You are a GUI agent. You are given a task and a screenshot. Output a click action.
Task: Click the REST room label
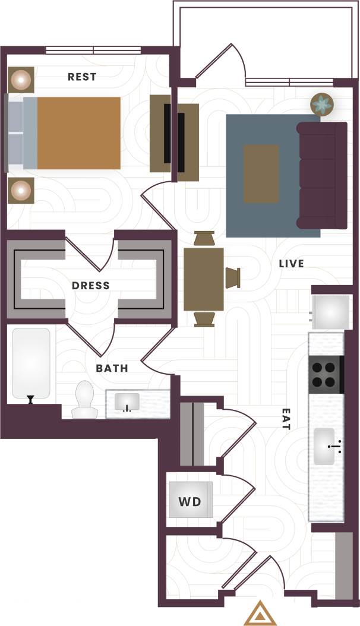pyautogui.click(x=82, y=77)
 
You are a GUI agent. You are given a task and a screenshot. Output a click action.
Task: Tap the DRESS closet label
pyautogui.click(x=91, y=286)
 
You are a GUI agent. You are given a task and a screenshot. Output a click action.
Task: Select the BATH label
pyautogui.click(x=112, y=368)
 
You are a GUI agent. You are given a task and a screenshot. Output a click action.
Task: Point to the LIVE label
pyautogui.click(x=291, y=263)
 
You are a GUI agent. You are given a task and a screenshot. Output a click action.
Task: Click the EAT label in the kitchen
pyautogui.click(x=286, y=418)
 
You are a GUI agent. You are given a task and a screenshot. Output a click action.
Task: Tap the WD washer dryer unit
pyautogui.click(x=190, y=501)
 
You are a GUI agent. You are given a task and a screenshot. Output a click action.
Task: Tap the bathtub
pyautogui.click(x=31, y=363)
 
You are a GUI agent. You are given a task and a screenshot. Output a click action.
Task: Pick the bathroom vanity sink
pyautogui.click(x=127, y=402)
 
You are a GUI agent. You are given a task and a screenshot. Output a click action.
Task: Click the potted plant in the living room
pyautogui.click(x=323, y=105)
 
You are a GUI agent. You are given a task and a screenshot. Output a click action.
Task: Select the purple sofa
pyautogui.click(x=322, y=175)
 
